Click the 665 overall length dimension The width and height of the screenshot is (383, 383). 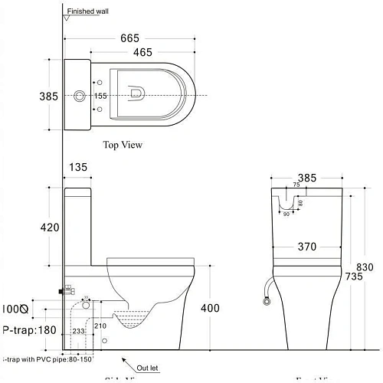pyautogui.click(x=129, y=38)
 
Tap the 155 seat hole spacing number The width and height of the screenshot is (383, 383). pyautogui.click(x=100, y=96)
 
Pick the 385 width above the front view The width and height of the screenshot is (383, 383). pyautogui.click(x=306, y=178)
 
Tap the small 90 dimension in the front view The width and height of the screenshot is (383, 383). pyautogui.click(x=287, y=214)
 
